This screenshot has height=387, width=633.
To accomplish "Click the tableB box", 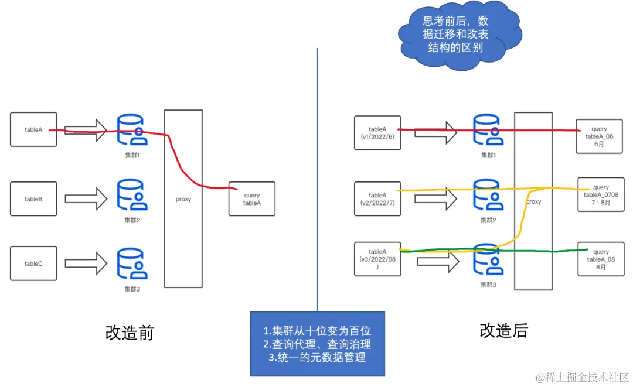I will (x=33, y=199).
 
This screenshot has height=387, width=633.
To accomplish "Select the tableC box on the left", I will (x=33, y=263).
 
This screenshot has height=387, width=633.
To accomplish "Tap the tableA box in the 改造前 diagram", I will (x=33, y=129).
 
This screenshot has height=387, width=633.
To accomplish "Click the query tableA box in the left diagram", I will (x=251, y=199).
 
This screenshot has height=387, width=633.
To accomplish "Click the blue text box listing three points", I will (x=317, y=344).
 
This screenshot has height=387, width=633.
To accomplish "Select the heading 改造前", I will (x=129, y=333).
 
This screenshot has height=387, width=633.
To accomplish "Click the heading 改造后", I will (x=503, y=330).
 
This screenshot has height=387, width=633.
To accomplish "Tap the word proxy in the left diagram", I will (x=183, y=199).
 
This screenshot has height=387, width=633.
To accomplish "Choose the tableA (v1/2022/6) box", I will (x=377, y=133).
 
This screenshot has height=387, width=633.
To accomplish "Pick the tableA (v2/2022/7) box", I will (x=377, y=198).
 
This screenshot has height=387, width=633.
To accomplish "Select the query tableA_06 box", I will (x=599, y=136).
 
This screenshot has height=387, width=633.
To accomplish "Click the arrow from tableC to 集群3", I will (x=86, y=263).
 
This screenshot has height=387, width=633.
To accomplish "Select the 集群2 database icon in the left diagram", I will (x=132, y=196).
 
